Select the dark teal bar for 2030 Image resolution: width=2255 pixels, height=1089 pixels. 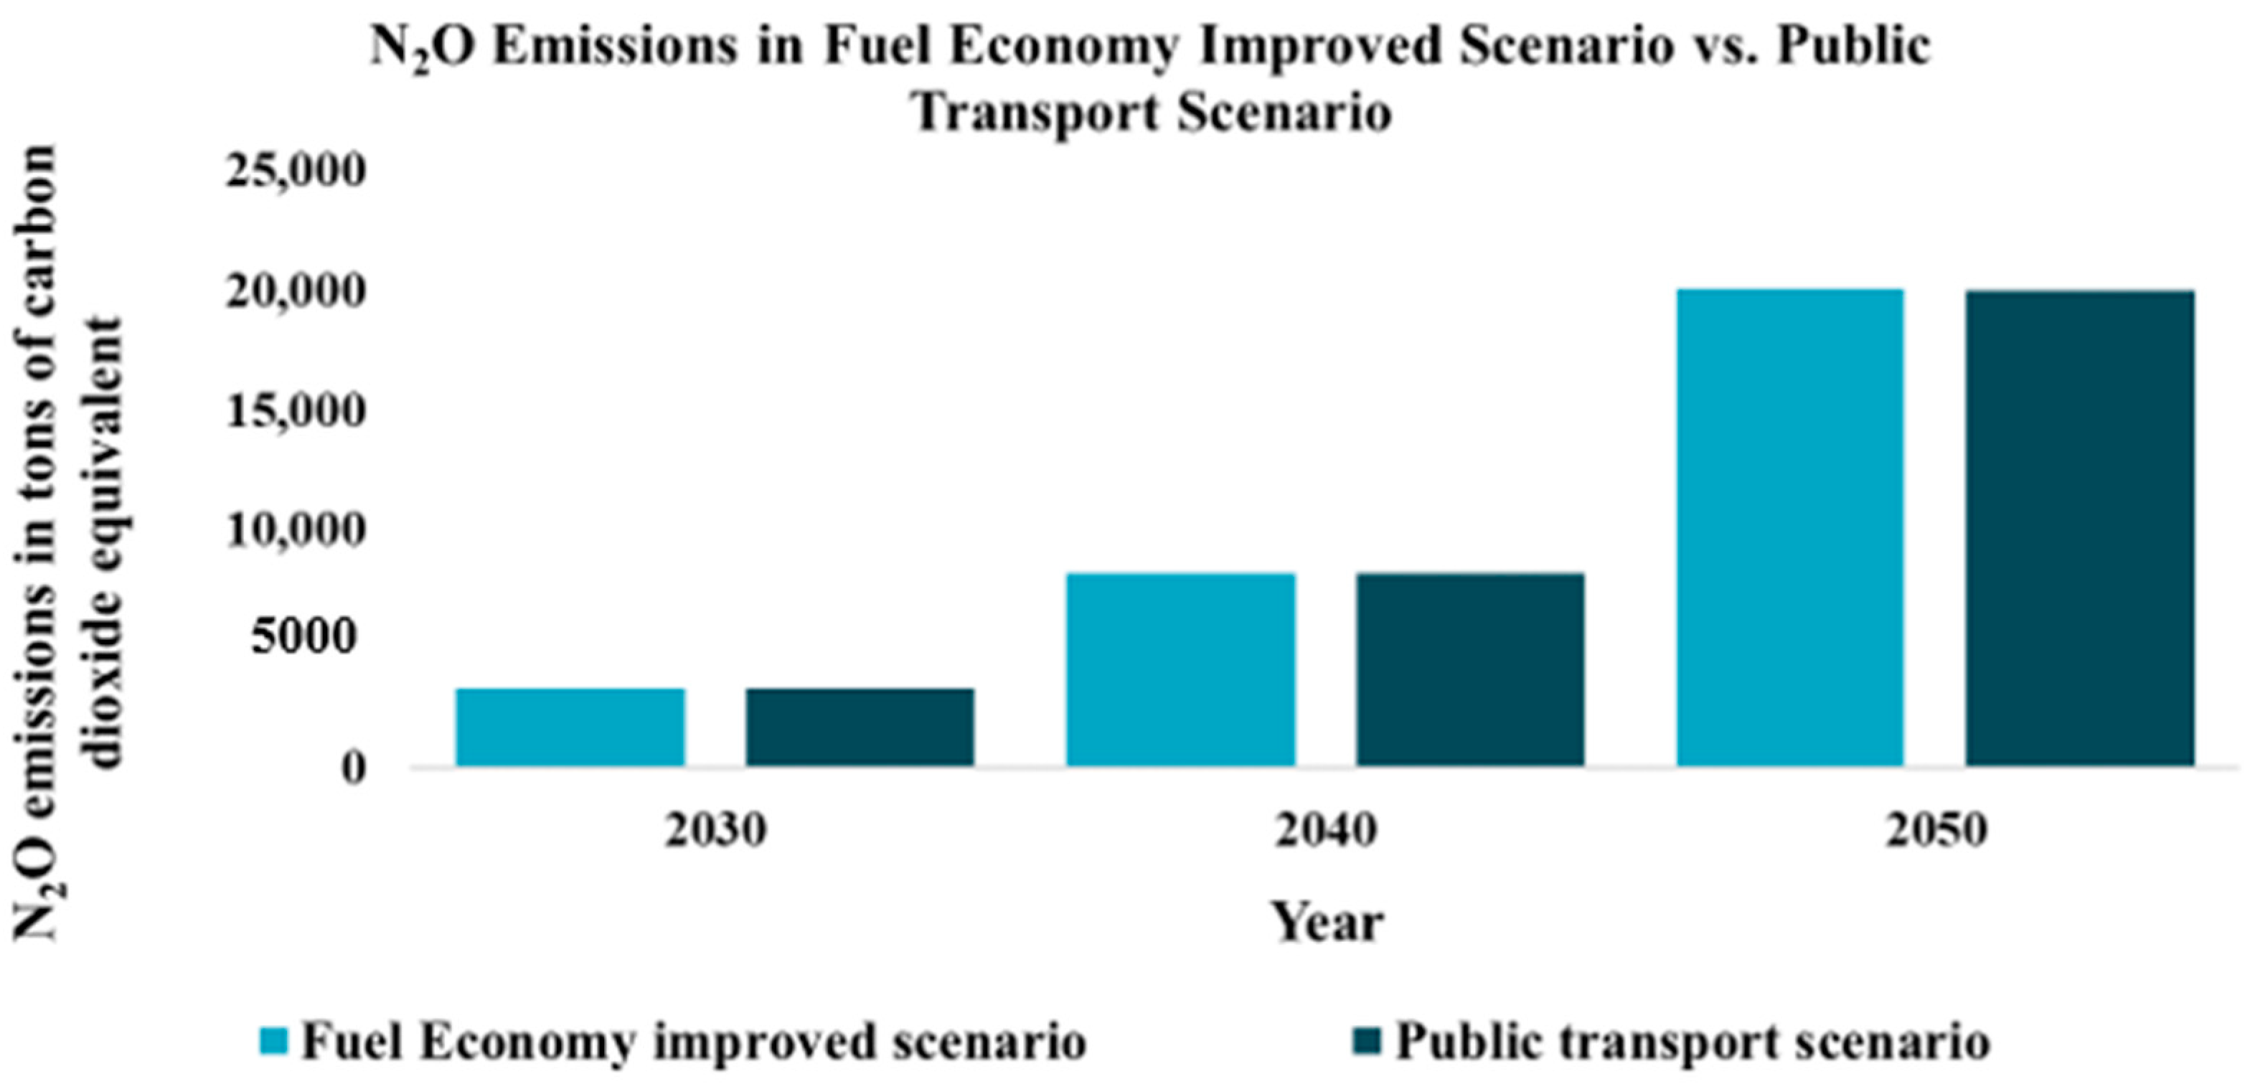[860, 727]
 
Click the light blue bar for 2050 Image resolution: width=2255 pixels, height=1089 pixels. [1789, 528]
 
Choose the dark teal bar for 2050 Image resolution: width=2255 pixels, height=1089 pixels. [2080, 528]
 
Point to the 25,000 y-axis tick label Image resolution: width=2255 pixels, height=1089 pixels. [294, 171]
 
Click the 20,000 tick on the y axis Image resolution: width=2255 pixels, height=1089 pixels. [294, 291]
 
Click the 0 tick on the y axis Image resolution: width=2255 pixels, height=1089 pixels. [353, 768]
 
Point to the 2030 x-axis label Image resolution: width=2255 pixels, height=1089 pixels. [715, 831]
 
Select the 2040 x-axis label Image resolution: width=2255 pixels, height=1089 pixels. [1325, 831]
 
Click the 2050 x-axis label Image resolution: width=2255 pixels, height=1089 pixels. [1936, 831]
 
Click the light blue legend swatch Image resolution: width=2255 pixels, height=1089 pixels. [274, 1042]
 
